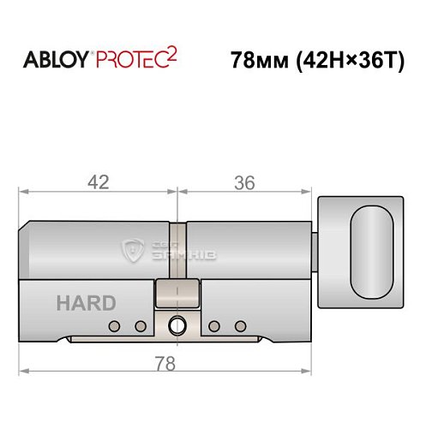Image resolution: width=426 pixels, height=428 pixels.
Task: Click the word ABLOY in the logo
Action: (x=55, y=61)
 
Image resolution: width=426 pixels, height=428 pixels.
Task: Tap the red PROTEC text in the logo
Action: (x=135, y=62)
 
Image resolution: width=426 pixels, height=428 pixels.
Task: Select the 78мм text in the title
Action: (x=258, y=62)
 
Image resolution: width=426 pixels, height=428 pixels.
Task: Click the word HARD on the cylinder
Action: (x=86, y=303)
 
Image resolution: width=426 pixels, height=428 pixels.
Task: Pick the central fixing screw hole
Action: (x=177, y=325)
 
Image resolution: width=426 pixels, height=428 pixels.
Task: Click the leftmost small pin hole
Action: (x=115, y=325)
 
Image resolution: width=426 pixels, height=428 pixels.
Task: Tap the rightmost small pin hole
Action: (x=241, y=325)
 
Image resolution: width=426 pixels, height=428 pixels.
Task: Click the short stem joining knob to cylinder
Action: (x=315, y=251)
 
